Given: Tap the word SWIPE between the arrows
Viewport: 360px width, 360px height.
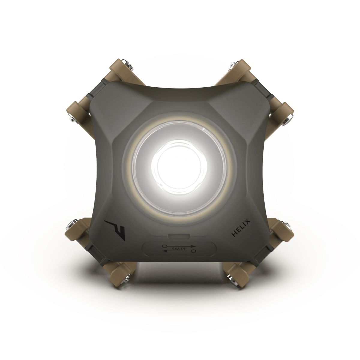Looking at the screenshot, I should tap(179, 249).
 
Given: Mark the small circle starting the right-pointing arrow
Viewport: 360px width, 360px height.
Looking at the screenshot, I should tap(164, 246).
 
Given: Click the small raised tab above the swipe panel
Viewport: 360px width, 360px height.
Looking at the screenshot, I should tap(179, 236).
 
